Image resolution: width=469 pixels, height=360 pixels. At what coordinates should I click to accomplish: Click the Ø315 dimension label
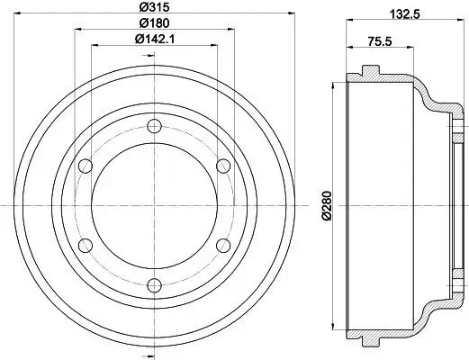point(154,9)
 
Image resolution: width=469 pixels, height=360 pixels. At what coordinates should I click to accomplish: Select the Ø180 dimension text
point(154,23)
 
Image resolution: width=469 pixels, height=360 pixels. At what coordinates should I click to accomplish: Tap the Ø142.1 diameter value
point(154,40)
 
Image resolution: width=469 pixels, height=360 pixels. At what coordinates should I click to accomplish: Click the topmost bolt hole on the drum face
point(154,124)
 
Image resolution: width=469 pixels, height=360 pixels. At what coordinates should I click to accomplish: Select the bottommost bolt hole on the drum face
point(154,285)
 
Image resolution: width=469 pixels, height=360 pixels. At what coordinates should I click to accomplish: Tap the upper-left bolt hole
point(85,165)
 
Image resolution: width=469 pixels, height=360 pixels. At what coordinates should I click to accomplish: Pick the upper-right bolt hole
point(223,165)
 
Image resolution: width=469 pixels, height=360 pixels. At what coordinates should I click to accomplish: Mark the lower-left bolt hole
point(85,245)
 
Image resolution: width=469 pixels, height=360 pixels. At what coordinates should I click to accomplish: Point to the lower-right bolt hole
point(223,245)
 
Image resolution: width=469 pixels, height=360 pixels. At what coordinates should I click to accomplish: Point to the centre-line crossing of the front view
point(154,205)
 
